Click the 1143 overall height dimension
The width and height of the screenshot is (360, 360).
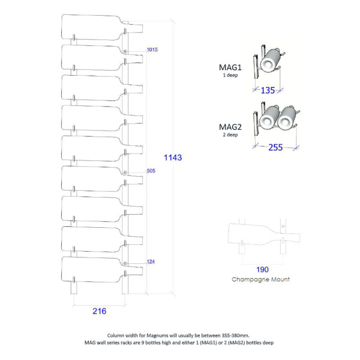tap(173, 157)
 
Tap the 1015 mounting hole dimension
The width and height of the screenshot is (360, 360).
tap(152, 49)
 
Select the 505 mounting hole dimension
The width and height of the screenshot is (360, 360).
tap(151, 171)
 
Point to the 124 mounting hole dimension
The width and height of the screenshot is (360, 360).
tap(151, 261)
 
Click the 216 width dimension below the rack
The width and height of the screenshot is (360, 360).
tap(99, 311)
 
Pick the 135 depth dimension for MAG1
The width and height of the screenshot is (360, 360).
tap(268, 90)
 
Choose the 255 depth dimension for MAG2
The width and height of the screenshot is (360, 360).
tap(275, 148)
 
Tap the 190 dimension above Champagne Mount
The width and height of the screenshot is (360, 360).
tap(262, 270)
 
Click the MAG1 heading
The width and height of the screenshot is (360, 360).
tap(230, 67)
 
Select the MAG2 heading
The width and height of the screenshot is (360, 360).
tap(230, 127)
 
